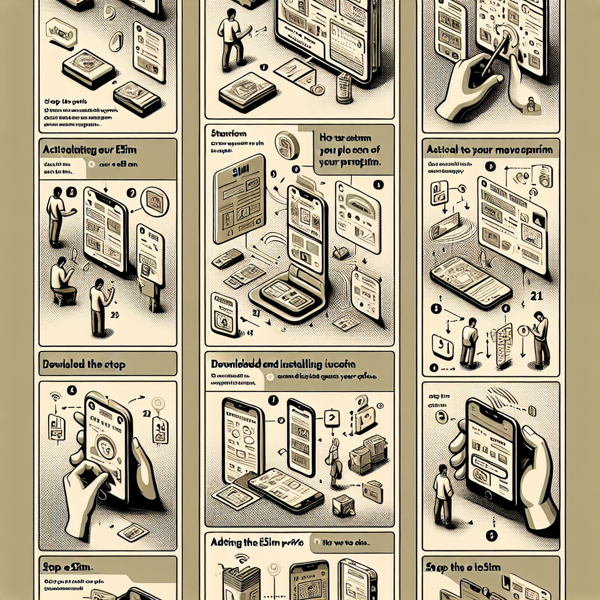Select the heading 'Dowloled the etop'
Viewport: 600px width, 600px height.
point(83,364)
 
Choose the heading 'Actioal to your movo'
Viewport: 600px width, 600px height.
point(489,149)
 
